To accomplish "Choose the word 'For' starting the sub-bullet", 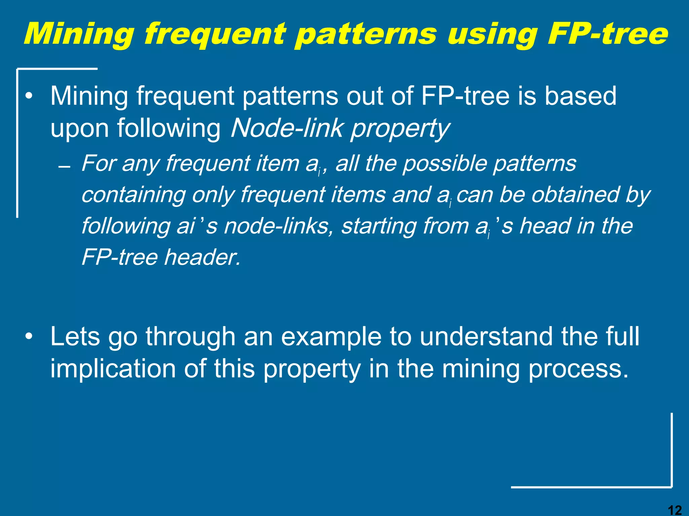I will point(98,164).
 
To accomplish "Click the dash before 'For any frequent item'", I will point(64,167).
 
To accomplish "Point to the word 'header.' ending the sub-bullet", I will point(203,257).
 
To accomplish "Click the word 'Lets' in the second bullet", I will point(75,336).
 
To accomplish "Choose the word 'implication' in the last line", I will point(113,369).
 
